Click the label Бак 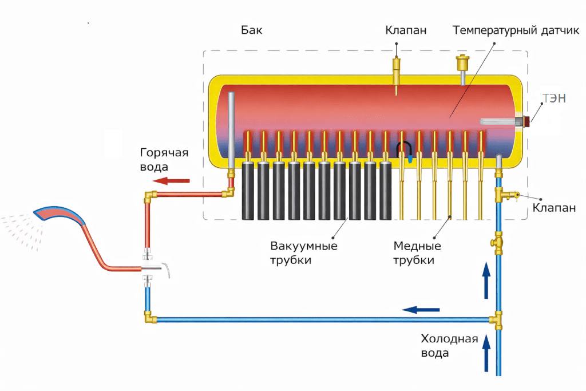click(252, 30)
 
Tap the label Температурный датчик click(516, 30)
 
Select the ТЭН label click(554, 98)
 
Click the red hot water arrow click(172, 181)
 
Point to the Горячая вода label click(164, 160)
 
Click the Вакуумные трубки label click(304, 253)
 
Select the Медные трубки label click(417, 253)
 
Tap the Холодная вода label click(450, 346)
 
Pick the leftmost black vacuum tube click(248, 191)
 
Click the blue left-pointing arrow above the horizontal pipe click(421, 310)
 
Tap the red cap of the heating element click(526, 121)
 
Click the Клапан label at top click(406, 30)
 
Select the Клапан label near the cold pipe click(554, 208)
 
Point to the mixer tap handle click(167, 270)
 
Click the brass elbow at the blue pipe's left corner click(150, 317)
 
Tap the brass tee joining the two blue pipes click(497, 319)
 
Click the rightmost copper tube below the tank click(481, 176)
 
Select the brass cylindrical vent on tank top click(462, 64)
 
